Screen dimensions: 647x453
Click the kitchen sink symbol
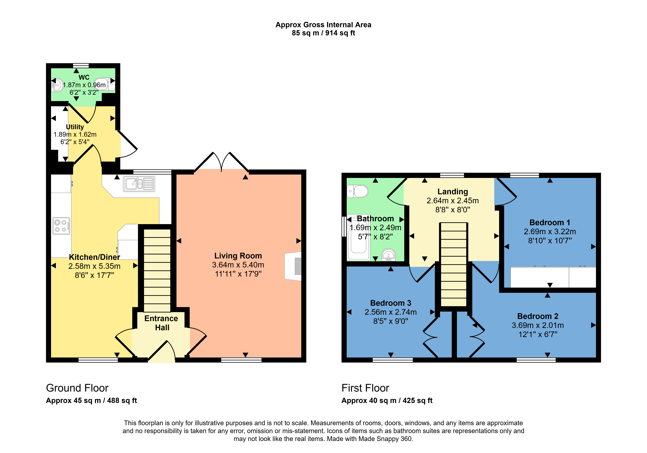[139, 184]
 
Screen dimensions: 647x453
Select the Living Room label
[238, 256]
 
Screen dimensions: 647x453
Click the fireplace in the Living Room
[293, 266]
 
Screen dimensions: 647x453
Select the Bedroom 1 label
[550, 223]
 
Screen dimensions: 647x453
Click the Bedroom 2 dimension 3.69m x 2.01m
[538, 325]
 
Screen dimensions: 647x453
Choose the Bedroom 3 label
[391, 303]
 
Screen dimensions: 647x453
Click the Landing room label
[453, 192]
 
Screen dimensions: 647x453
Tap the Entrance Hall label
[161, 323]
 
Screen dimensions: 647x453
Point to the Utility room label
[75, 127]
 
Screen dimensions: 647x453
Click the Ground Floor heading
[77, 388]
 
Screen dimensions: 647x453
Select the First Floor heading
[365, 388]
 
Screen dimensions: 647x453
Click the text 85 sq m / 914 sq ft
[323, 33]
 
